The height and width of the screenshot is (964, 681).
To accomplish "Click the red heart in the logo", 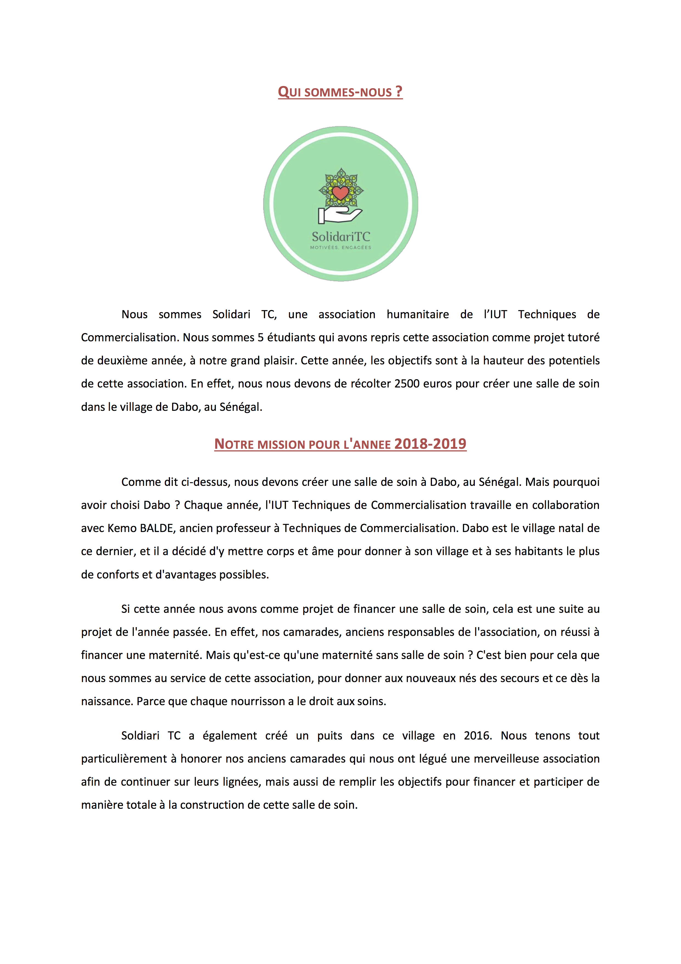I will pyautogui.click(x=340, y=193).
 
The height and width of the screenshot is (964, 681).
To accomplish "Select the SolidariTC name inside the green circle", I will pyautogui.click(x=341, y=237).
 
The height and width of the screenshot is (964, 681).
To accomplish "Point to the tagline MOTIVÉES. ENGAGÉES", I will pyautogui.click(x=341, y=248).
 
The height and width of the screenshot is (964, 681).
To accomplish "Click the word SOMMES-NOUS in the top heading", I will pyautogui.click(x=348, y=92).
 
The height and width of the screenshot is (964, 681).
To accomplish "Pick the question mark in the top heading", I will pyautogui.click(x=399, y=91).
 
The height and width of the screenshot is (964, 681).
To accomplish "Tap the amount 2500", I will pyautogui.click(x=407, y=384).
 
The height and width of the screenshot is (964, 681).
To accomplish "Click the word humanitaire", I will pyautogui.click(x=417, y=314).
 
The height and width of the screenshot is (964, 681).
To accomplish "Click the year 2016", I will pyautogui.click(x=477, y=736).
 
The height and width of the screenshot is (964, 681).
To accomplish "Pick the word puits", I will pyautogui.click(x=330, y=736).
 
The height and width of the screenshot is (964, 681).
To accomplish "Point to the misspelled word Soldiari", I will pyautogui.click(x=140, y=736).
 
